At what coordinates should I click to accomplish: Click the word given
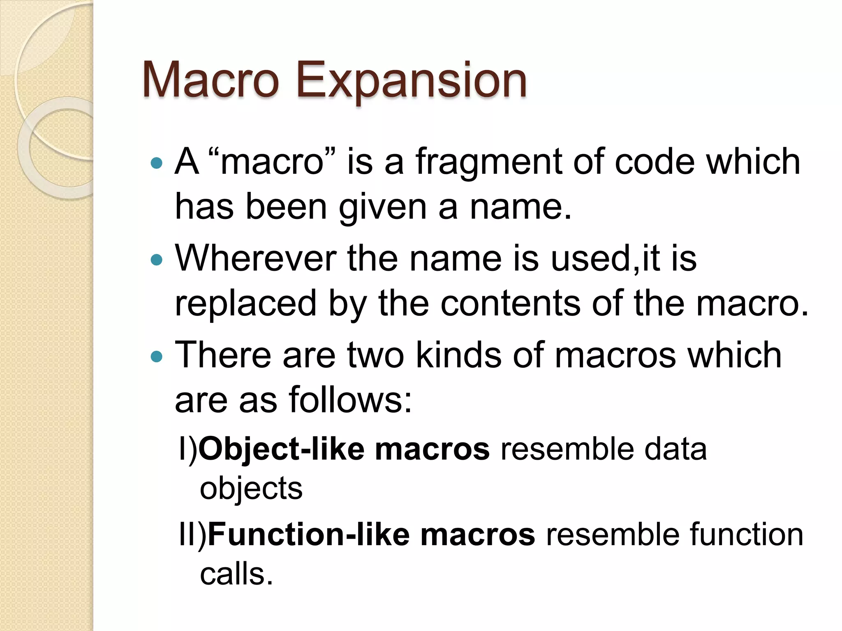pos(382,207)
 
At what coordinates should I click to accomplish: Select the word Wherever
pos(255,258)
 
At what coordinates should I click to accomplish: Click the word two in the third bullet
pos(376,355)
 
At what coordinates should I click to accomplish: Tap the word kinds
pos(459,355)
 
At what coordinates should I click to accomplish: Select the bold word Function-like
pos(309,534)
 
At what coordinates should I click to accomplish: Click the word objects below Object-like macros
pos(251,488)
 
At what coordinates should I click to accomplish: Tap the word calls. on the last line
pos(236,574)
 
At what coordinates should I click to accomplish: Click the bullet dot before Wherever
pos(157,260)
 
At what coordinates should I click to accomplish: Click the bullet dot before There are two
pos(157,356)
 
